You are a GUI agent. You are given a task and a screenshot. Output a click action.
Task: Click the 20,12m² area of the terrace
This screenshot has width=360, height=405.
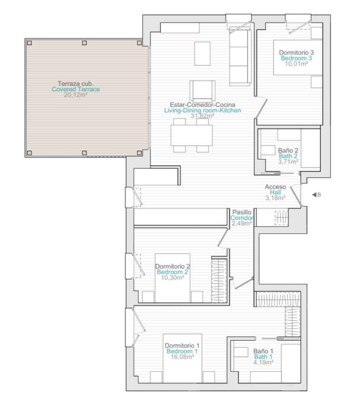[x=76, y=95]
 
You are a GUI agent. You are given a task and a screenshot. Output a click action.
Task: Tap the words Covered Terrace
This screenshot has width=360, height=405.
[x=76, y=89]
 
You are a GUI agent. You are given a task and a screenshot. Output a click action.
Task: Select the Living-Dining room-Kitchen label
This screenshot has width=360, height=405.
[x=203, y=111]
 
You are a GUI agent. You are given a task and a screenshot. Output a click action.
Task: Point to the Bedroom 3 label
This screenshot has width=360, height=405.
[x=296, y=58]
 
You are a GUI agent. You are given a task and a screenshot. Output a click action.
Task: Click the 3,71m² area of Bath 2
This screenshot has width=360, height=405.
[x=288, y=162]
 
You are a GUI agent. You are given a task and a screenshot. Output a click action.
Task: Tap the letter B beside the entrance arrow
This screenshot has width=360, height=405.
[x=319, y=195]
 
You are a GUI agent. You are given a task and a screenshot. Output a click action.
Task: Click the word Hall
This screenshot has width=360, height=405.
[x=275, y=193]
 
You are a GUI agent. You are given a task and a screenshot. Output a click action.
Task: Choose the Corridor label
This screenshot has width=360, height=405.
[x=242, y=218]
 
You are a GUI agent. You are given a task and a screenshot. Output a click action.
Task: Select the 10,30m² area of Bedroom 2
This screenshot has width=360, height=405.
[x=172, y=278]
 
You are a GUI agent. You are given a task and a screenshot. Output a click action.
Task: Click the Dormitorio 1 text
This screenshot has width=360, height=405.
[x=182, y=346]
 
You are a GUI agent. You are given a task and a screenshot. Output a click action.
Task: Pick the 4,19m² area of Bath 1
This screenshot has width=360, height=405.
[x=263, y=362]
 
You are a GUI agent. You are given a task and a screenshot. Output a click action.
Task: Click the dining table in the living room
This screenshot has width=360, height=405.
[x=191, y=135]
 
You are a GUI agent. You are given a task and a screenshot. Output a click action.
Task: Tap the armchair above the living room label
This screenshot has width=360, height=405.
[x=203, y=91]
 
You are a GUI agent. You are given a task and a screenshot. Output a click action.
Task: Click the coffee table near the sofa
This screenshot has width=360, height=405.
[x=203, y=54]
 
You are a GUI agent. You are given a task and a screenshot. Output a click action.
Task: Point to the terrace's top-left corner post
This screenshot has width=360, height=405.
[x=29, y=43]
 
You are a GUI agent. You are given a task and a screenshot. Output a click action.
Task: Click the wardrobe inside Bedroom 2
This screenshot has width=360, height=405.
[x=219, y=280]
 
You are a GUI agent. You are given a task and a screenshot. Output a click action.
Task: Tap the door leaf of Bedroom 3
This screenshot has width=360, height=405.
[x=261, y=108]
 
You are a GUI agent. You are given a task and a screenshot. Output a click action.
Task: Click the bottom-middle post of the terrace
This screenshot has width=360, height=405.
[x=84, y=153]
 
